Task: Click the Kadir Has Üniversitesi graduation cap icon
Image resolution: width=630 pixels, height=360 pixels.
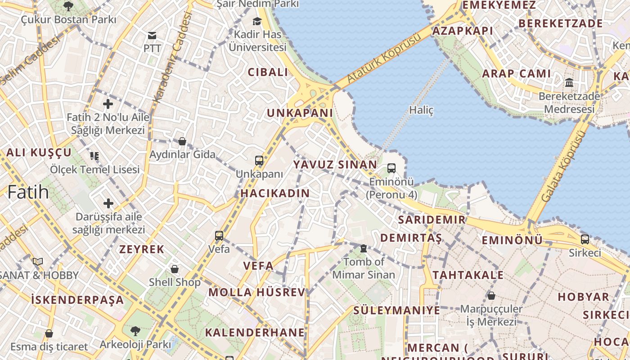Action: point(257,21)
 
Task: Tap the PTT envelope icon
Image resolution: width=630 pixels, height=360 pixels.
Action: point(152,36)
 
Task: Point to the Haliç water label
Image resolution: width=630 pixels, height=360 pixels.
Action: point(421,110)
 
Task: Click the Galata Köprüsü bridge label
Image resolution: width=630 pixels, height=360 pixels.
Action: point(564,166)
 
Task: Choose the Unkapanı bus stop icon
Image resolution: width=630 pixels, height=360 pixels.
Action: point(259,161)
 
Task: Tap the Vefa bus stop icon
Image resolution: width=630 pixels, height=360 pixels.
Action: point(219,235)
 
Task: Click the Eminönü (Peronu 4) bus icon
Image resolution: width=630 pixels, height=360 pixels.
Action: point(391,168)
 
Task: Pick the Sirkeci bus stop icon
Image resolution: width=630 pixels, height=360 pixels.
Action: point(585,239)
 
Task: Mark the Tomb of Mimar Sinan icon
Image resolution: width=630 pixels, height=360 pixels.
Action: point(363,248)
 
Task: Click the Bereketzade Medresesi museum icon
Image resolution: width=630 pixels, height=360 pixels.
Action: point(569,83)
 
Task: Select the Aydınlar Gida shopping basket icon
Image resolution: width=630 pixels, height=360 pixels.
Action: point(182,141)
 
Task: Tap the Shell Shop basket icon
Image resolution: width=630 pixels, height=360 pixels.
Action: point(175,269)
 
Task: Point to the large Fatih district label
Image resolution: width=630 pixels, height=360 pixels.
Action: point(28,192)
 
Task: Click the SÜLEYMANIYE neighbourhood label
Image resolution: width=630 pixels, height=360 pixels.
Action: point(396,310)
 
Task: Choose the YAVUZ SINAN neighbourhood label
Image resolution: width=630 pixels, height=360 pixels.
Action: point(335,164)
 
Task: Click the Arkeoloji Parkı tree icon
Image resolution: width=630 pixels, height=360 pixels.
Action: point(135,331)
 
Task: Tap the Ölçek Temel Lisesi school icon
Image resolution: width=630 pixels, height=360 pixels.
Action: point(94,156)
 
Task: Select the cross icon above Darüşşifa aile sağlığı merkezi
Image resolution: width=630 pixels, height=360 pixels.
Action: point(108,203)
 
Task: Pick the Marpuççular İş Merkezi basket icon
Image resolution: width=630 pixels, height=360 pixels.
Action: point(491,296)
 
